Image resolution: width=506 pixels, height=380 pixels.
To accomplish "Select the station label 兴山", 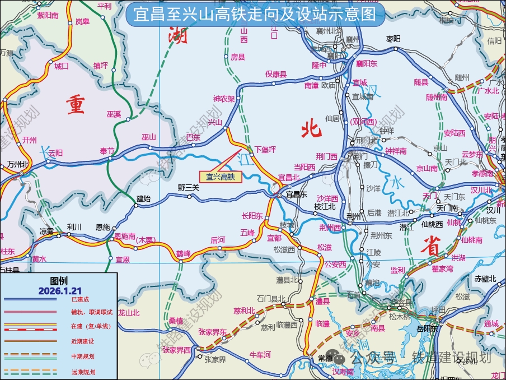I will point(215,122).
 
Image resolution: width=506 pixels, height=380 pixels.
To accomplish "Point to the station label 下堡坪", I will point(265,150).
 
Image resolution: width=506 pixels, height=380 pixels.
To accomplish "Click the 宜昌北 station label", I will point(289,177).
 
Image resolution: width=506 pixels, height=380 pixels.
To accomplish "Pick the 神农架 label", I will point(224,99).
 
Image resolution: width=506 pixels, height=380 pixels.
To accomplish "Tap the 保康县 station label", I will point(276,74).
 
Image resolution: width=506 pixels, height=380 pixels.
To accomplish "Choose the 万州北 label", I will point(18,164).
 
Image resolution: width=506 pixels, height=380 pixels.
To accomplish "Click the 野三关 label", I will point(188,188).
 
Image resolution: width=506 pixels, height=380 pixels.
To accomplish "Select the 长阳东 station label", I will point(252,215).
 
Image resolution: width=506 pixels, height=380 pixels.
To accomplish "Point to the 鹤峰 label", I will point(184,253).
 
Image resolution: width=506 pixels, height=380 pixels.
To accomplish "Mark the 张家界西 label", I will point(176,350).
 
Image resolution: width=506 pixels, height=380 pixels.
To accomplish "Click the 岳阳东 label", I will point(427,328).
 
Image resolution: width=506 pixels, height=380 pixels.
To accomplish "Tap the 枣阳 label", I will point(394,39).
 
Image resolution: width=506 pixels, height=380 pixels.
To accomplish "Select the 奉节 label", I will point(107,151).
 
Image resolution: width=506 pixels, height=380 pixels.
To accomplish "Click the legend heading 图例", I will point(59,281).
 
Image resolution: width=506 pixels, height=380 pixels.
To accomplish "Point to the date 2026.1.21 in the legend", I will point(59,290).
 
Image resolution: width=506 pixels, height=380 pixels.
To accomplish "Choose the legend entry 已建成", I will point(81,300).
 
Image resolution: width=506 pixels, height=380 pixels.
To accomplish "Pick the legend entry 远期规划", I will point(83,372).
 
